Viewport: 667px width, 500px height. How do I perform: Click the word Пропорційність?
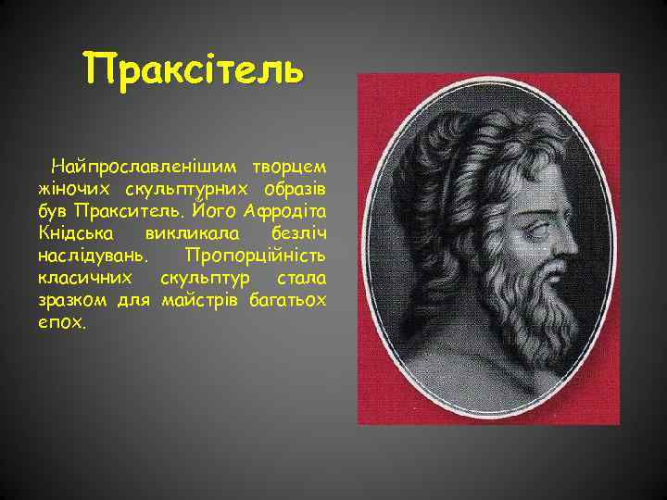(x=255, y=253)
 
